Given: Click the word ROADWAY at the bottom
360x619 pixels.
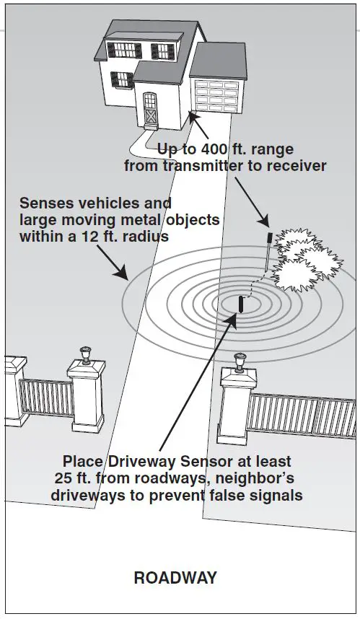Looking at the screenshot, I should tap(175, 577).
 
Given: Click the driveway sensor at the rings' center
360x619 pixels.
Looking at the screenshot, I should tap(241, 303).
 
